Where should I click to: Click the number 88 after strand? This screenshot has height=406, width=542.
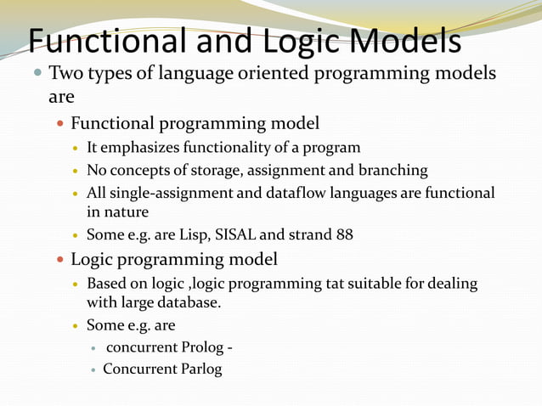pyautogui.click(x=344, y=234)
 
